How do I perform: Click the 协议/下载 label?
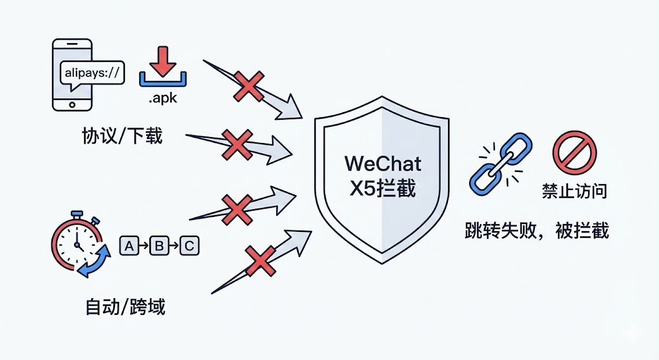pyautogui.click(x=122, y=137)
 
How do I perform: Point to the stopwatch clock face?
pyautogui.click(x=77, y=243)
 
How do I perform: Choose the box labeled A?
pyautogui.click(x=130, y=245)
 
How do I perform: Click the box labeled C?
pyautogui.click(x=189, y=245)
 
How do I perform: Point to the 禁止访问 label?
pyautogui.click(x=574, y=191)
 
